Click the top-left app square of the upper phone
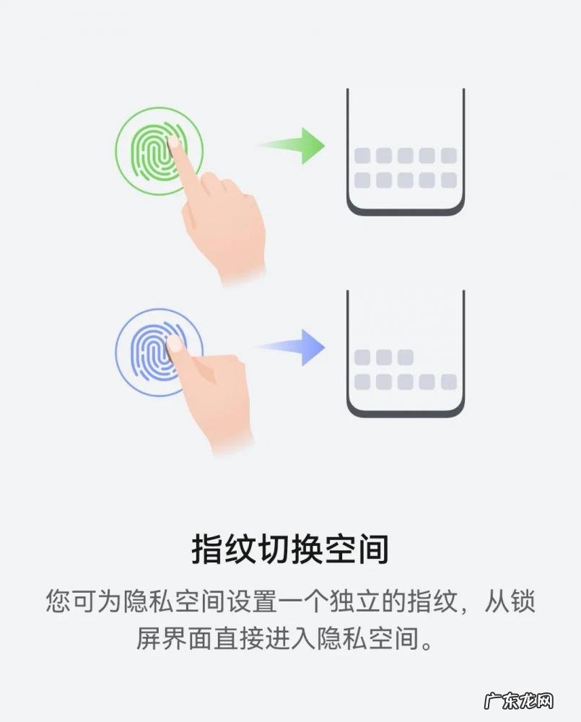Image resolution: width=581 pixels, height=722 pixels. point(362,156)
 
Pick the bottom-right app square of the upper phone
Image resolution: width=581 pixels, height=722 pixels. point(449,180)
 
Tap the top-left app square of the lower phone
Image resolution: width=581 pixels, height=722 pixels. point(362,357)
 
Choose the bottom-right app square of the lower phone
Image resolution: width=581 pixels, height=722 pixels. point(449,382)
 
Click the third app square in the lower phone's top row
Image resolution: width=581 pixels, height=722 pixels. point(406,357)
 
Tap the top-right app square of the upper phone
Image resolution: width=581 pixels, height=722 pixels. point(449,156)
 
